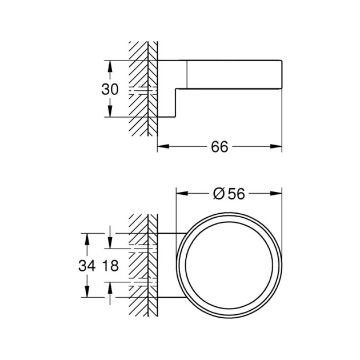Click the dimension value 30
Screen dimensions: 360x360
[x=110, y=89]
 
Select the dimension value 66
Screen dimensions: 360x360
[x=219, y=147]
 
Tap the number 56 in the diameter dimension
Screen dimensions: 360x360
[x=237, y=194]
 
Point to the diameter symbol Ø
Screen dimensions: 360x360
[x=218, y=194]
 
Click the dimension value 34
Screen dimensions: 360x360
[x=87, y=266]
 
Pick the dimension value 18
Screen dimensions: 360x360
[x=110, y=266]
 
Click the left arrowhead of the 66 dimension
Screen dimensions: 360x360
[x=163, y=146]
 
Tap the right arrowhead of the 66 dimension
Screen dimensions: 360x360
[x=276, y=146]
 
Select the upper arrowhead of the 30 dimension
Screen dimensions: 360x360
[x=110, y=66]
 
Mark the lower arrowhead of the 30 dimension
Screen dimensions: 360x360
[x=110, y=111]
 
